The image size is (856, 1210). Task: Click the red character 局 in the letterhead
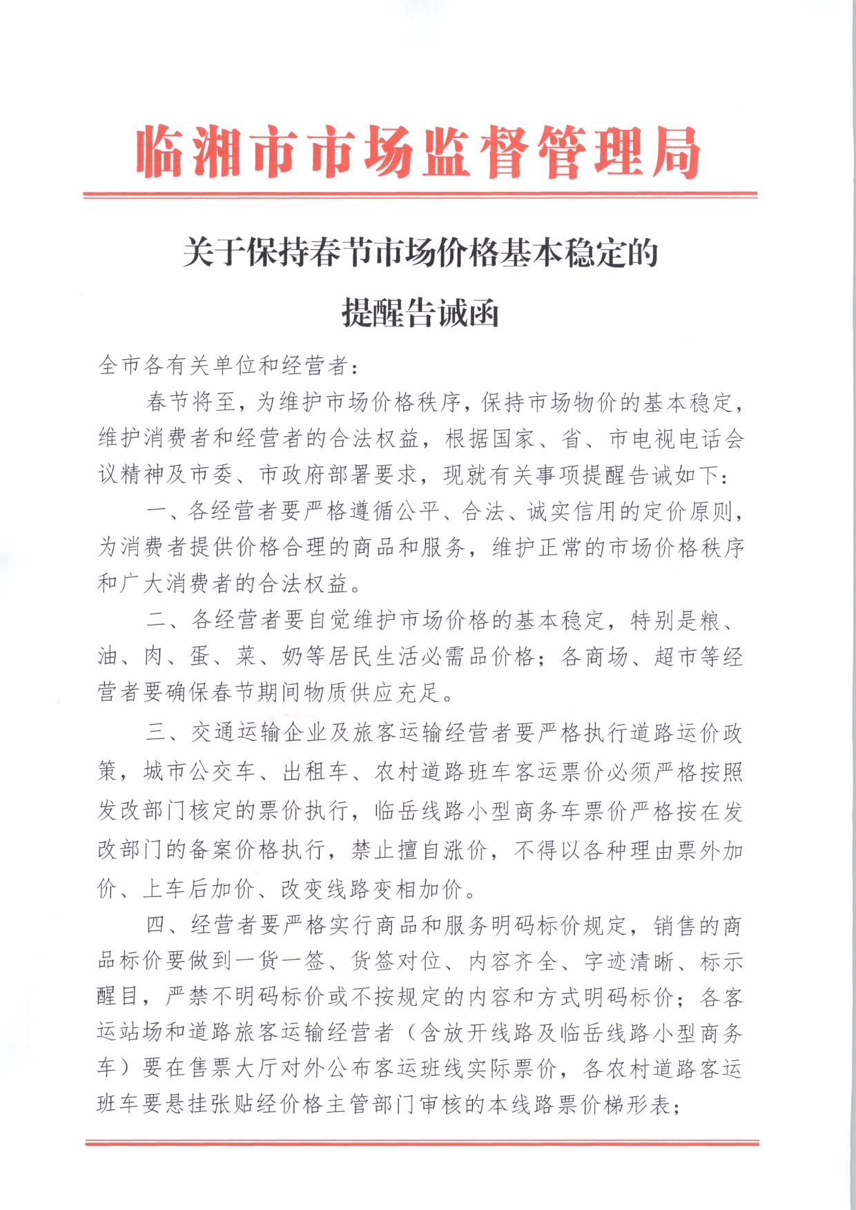668,153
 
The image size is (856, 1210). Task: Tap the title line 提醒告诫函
420,314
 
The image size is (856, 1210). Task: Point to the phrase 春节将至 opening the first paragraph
189,402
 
